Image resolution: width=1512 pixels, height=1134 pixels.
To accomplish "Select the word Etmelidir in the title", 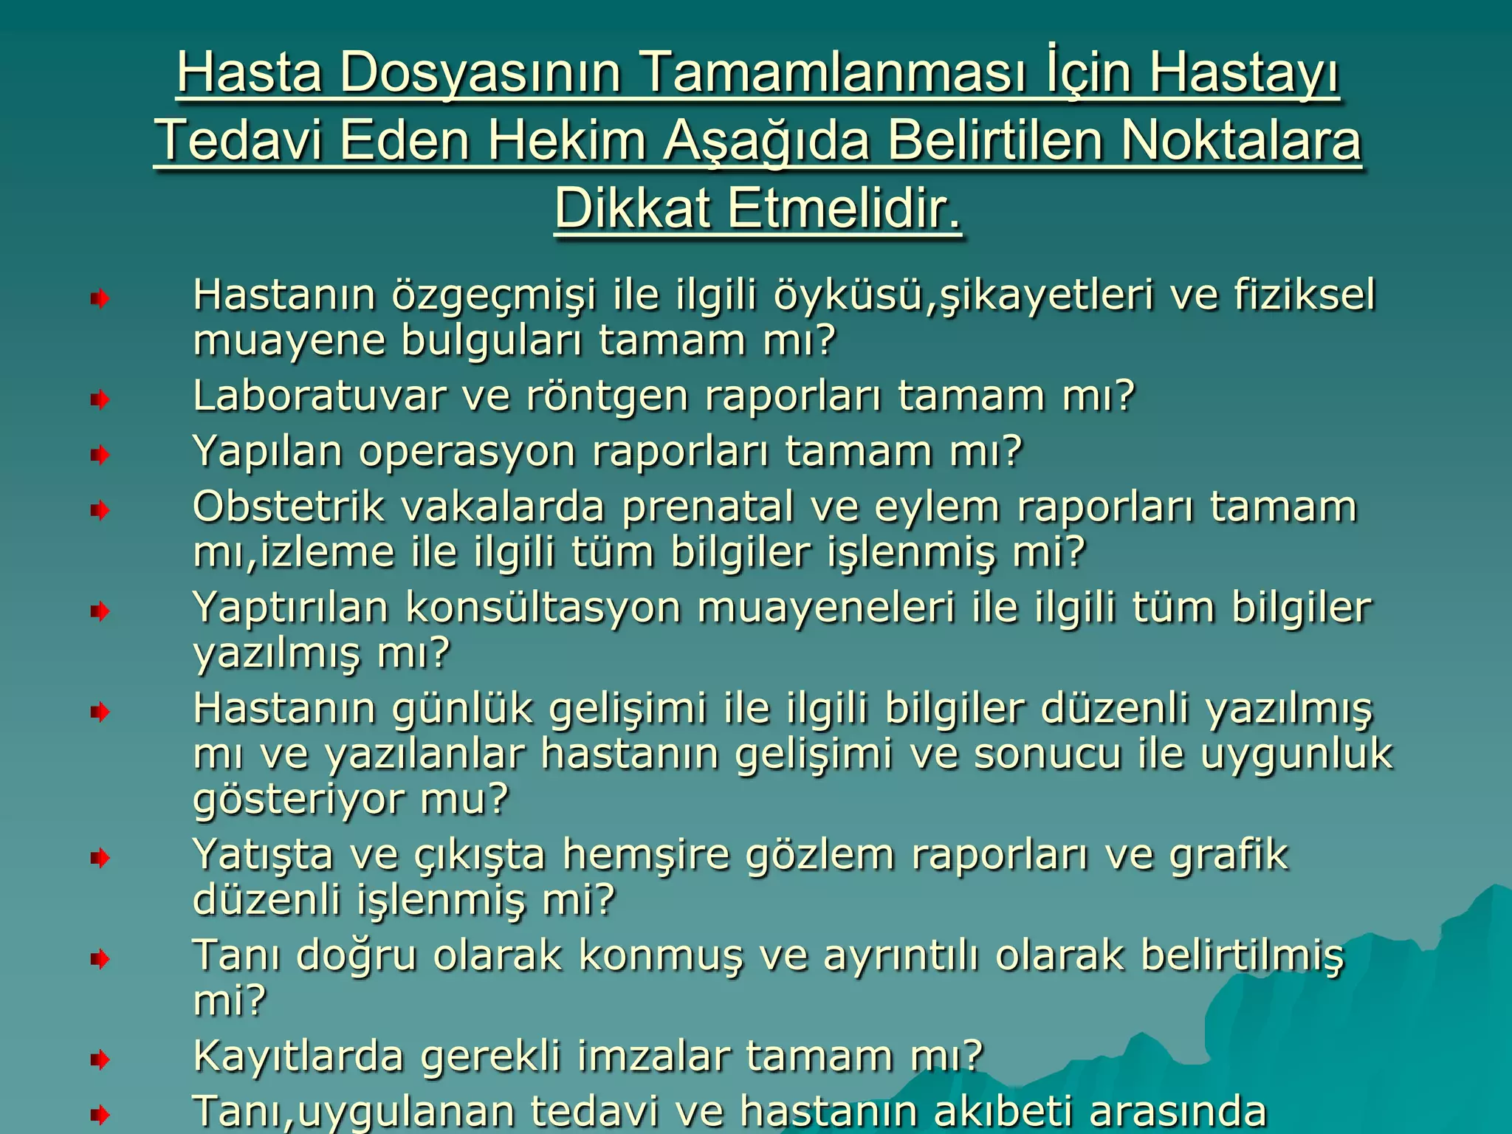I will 845,209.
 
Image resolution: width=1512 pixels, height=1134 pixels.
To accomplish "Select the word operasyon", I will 467,452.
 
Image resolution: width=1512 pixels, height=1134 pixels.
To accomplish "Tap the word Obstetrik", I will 289,506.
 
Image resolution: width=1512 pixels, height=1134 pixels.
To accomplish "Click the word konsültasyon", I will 543,608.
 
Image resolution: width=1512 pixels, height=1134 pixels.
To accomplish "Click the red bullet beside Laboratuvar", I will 100,400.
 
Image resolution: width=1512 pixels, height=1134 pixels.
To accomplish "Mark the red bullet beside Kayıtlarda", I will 100,1060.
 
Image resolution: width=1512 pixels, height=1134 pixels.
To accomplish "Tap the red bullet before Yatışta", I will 100,858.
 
